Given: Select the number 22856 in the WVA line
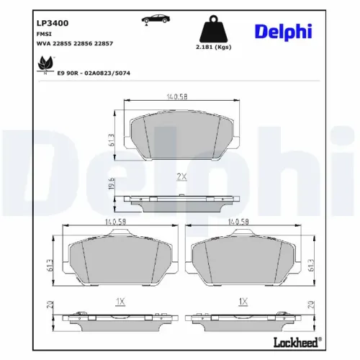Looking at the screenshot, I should click(x=81, y=44).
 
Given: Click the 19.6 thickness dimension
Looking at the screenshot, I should click(x=110, y=186).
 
